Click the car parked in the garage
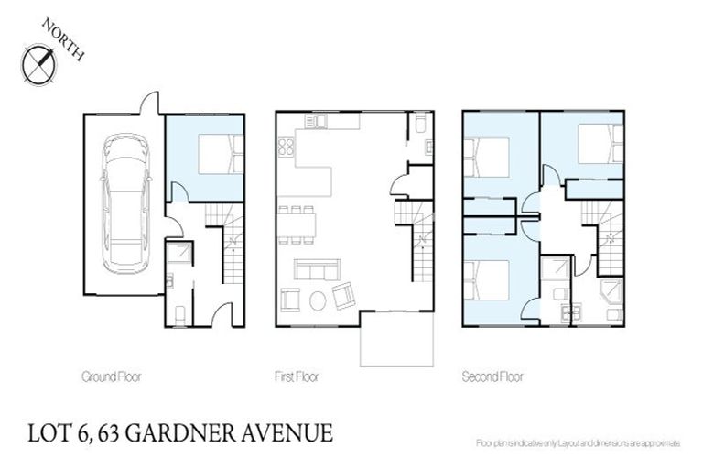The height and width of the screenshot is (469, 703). tap(123, 203)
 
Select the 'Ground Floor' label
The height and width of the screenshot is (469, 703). tap(111, 376)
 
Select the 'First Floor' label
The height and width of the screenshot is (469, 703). tap(296, 376)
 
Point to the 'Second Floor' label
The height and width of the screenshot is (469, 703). tap(492, 376)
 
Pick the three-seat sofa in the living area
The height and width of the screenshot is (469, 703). tap(316, 270)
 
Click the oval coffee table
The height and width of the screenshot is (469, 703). tap(318, 300)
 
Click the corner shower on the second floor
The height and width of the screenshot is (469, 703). tap(610, 295)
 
